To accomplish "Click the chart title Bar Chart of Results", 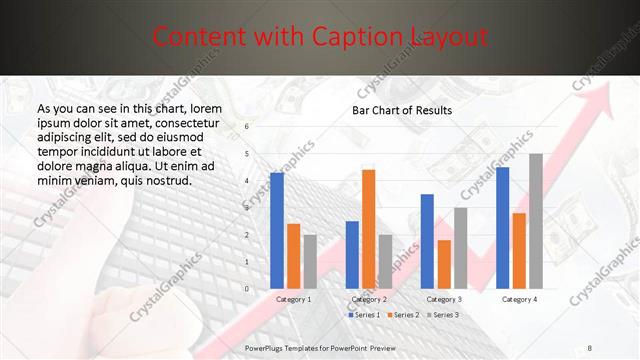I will (x=401, y=110).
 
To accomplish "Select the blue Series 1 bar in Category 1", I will (x=277, y=231).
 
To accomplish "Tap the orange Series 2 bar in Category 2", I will (x=368, y=229).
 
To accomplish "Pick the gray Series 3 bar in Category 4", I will (x=535, y=221).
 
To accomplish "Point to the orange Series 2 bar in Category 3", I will (x=443, y=264).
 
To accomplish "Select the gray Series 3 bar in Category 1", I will (x=310, y=262).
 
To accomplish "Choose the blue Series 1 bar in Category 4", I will (x=502, y=228).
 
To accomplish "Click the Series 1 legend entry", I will (x=365, y=315).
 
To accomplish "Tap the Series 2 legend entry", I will (x=402, y=315).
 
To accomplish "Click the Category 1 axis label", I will (x=293, y=299).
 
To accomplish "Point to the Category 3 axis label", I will (x=443, y=299).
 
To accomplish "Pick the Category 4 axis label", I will (x=519, y=299).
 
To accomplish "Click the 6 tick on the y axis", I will (x=247, y=127).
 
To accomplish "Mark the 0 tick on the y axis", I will (x=247, y=289).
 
